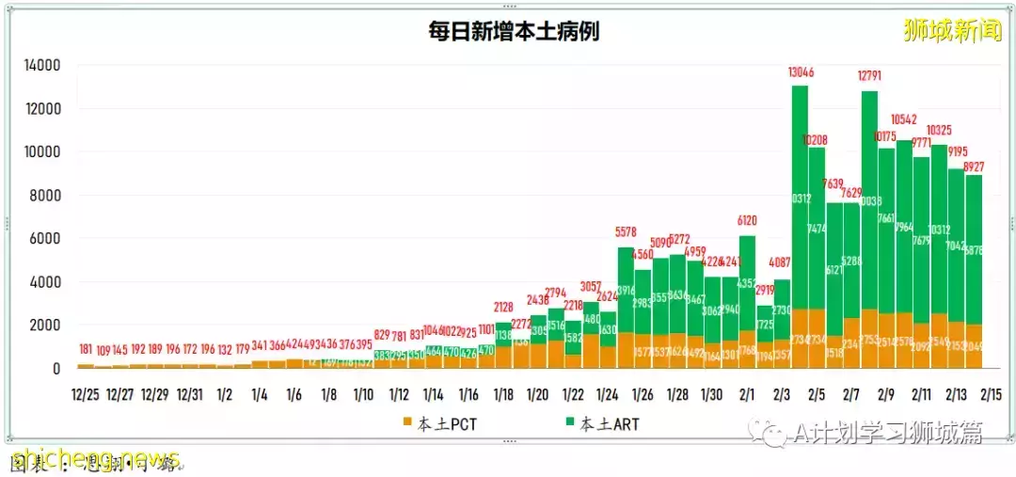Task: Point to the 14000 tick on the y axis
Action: pos(42,66)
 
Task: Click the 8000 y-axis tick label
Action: pos(46,196)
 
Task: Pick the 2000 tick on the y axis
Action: pos(46,326)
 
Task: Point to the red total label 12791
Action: pos(869,77)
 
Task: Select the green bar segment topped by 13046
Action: pos(800,198)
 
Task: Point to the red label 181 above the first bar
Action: pos(86,350)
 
